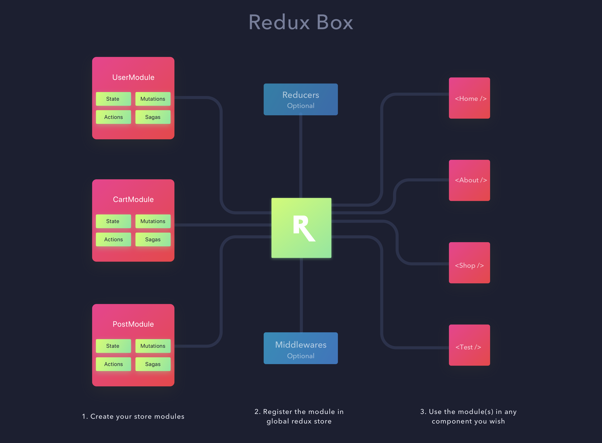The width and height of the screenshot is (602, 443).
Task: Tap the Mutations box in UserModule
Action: coord(153,99)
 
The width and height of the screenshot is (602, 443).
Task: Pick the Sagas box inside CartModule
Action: coord(153,239)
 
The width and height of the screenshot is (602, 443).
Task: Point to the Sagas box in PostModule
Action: coord(153,364)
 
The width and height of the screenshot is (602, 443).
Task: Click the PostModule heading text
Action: coord(133,324)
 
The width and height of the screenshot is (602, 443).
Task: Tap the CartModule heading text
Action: coord(133,200)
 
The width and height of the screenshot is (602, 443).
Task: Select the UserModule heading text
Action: coord(133,77)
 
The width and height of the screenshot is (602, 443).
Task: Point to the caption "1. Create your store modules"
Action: coord(133,416)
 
